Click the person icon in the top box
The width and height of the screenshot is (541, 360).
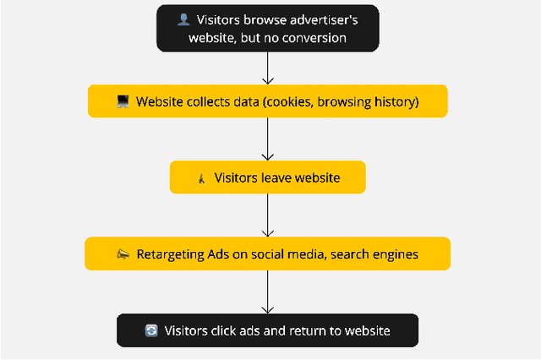click(x=183, y=19)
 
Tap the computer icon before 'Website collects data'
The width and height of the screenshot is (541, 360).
click(x=123, y=102)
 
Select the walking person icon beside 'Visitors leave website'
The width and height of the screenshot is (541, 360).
click(x=201, y=178)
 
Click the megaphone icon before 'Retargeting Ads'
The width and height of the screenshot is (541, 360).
click(x=122, y=254)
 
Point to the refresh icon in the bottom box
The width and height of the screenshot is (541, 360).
click(x=151, y=331)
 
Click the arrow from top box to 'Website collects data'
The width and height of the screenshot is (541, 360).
click(x=268, y=68)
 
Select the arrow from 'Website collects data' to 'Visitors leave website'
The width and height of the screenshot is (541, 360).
click(x=268, y=139)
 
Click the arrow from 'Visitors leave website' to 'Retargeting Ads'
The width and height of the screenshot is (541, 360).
click(x=268, y=215)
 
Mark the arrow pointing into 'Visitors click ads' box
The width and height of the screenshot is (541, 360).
click(x=268, y=292)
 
